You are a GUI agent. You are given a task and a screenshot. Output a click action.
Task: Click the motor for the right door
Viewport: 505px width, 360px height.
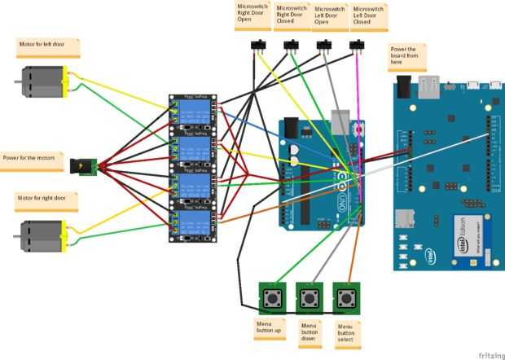pyautogui.click(x=40, y=235)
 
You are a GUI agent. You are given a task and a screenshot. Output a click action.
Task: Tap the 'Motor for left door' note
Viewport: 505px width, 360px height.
pyautogui.click(x=49, y=47)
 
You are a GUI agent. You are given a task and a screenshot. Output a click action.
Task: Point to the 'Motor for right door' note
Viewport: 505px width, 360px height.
pyautogui.click(x=47, y=200)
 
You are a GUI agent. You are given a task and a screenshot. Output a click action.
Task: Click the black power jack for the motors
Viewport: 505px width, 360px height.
pyautogui.click(x=85, y=167)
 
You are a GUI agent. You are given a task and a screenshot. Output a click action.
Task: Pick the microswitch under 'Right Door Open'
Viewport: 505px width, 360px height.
pyautogui.click(x=262, y=45)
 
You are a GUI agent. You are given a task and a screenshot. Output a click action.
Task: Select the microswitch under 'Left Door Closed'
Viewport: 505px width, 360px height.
pyautogui.click(x=356, y=45)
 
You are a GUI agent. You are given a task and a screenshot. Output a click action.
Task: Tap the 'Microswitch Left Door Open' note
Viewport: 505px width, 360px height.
pyautogui.click(x=331, y=16)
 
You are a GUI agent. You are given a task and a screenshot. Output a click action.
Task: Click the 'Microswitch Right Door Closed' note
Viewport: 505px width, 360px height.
pyautogui.click(x=292, y=16)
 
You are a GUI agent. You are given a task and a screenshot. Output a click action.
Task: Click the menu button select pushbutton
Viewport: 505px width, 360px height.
pyautogui.click(x=347, y=297)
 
